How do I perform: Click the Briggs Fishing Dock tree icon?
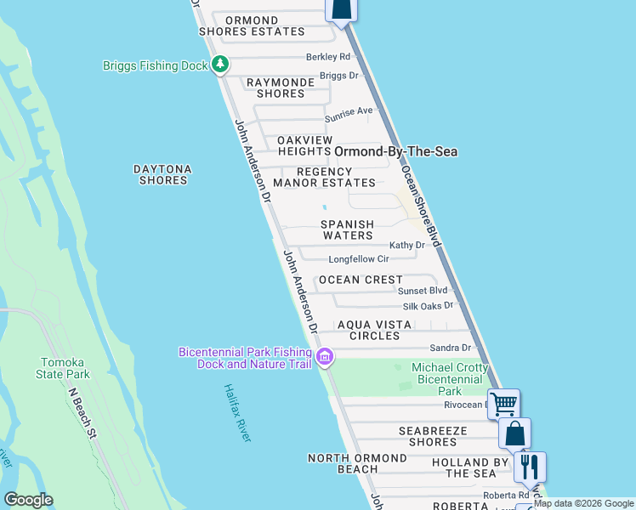pos(220,64)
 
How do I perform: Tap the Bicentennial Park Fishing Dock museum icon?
pos(324,358)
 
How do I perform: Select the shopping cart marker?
pos(503,403)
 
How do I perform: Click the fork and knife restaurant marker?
pos(530,466)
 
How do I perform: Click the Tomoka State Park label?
pos(65,368)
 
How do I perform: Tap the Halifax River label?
pos(238,412)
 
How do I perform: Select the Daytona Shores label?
pos(162,174)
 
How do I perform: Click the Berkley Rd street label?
pos(328,58)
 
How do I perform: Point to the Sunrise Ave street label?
pos(349,110)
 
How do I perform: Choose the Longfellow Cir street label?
pos(358,259)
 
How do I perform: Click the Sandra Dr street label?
pos(451,348)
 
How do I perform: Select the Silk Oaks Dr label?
pos(429,305)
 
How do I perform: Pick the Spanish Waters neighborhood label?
pos(347,229)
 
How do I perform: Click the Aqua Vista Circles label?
pos(374,330)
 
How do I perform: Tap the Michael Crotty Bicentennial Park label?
pos(450,379)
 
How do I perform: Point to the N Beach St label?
pos(83,413)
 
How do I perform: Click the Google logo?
pos(27,500)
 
